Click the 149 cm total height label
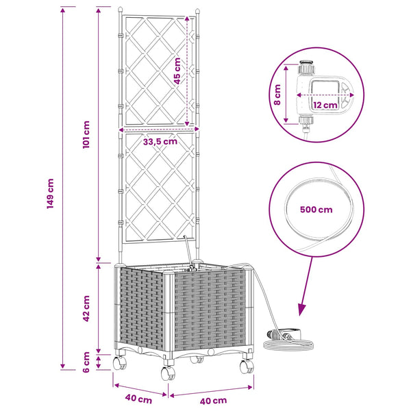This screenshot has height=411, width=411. click(50, 194)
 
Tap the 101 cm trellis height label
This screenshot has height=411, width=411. click(86, 135)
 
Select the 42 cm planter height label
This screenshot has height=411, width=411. click(86, 308)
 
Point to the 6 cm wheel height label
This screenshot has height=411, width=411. click(86, 362)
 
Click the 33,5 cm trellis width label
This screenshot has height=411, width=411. click(160, 142)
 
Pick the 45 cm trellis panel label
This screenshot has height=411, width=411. click(177, 71)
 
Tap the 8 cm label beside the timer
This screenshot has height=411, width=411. click(277, 95)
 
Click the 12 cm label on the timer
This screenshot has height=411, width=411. click(325, 105)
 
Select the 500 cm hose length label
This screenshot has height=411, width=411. click(316, 210)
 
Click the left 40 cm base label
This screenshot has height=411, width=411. click(138, 399)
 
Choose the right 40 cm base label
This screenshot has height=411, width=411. click(213, 401)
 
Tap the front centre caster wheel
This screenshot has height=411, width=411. click(169, 373)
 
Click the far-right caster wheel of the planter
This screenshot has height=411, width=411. click(247, 366)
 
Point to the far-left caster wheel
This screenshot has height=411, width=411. click(119, 363)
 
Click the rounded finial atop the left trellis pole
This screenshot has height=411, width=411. click(120, 10)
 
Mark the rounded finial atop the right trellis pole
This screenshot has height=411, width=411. click(197, 11)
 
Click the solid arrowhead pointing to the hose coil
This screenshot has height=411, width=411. click(301, 310)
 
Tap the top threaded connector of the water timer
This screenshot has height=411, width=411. click(306, 68)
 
